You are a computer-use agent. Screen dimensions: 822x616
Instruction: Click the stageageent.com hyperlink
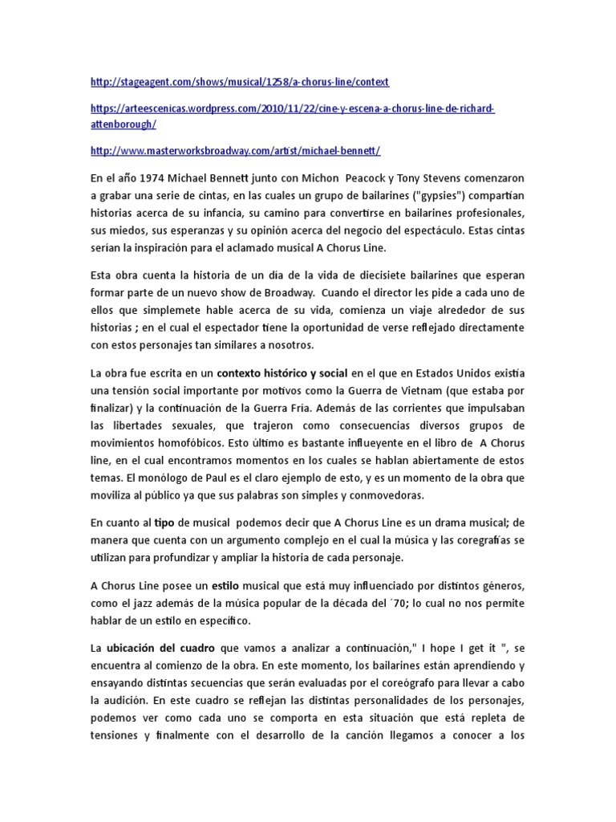tap(239, 82)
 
